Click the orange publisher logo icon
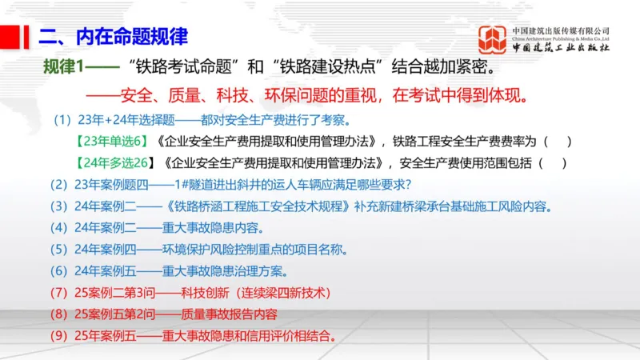[x=493, y=39]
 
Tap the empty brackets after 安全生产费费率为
[x=557, y=142]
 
